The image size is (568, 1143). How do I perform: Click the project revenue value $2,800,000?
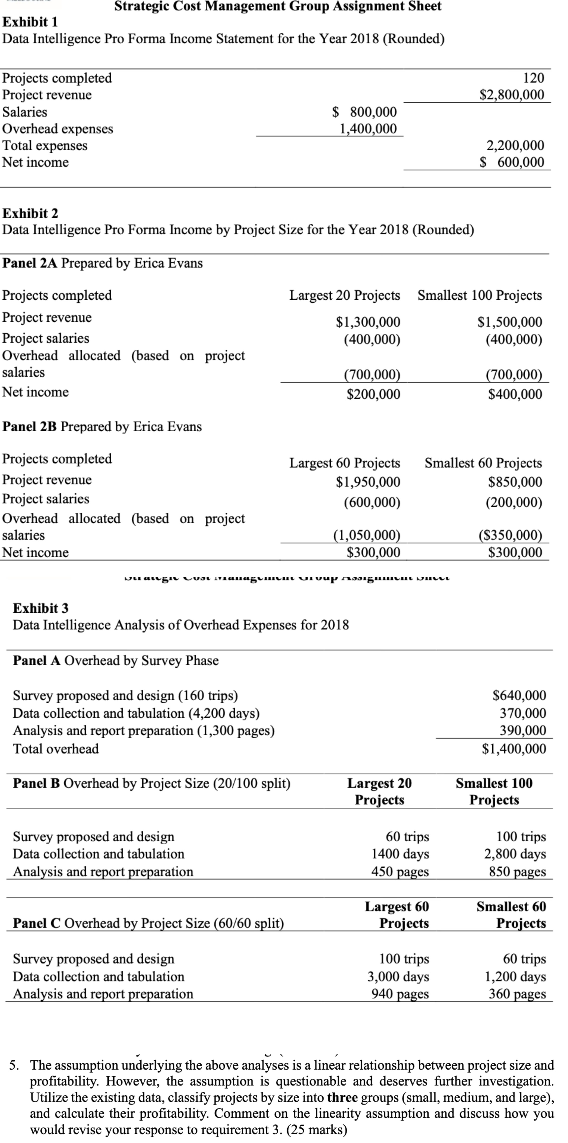click(x=512, y=95)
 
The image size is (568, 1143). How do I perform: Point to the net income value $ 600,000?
click(x=512, y=162)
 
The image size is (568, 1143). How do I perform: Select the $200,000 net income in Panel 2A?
click(x=373, y=394)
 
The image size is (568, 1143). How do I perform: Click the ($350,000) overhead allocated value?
click(x=510, y=535)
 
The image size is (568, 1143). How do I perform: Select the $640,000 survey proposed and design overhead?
click(x=519, y=695)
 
